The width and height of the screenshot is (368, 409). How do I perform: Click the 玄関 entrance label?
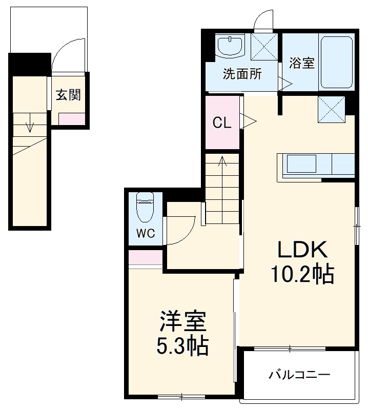click(x=68, y=95)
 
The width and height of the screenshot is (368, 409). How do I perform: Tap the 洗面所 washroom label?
click(x=242, y=74)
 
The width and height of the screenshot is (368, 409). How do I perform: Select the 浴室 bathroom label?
click(x=301, y=64)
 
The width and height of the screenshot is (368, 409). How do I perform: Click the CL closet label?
click(x=221, y=123)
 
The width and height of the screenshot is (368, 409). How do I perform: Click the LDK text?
click(x=302, y=251)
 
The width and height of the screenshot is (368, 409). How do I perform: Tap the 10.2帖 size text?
click(x=302, y=275)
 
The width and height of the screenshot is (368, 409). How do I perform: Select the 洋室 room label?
click(x=182, y=322)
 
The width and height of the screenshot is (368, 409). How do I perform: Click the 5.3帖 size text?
click(x=182, y=347)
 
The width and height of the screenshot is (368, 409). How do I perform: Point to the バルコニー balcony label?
click(x=300, y=375)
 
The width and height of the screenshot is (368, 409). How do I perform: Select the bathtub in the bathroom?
click(x=337, y=62)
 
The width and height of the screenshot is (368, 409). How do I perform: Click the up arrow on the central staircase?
click(x=222, y=163)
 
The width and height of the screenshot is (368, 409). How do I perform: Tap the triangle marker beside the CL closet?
click(x=249, y=122)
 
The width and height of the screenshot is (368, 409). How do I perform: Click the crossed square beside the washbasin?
click(x=264, y=47)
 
